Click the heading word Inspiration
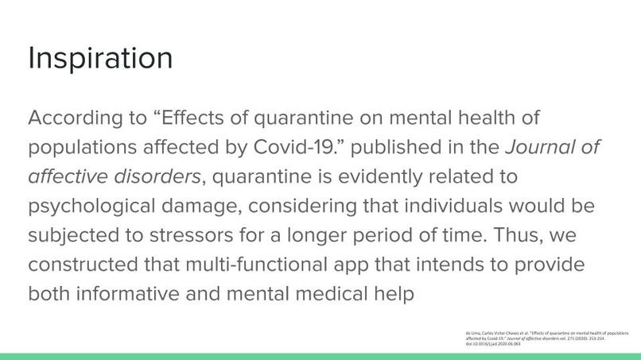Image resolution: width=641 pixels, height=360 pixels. (x=100, y=58)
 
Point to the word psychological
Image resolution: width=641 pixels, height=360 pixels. (x=92, y=207)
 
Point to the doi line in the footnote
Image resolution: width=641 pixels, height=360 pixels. (x=492, y=344)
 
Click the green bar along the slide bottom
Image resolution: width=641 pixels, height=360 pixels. (x=320, y=356)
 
